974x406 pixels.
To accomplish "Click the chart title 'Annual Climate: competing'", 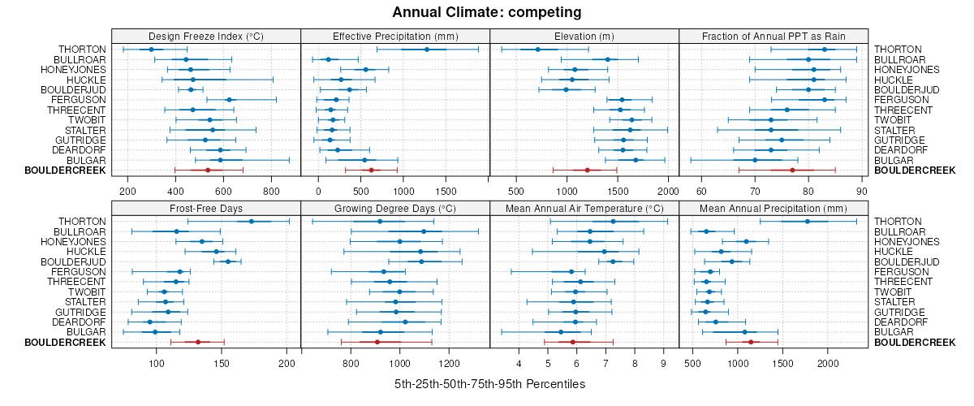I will coord(487,12).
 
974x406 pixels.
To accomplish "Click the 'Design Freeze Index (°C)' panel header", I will coord(206,36).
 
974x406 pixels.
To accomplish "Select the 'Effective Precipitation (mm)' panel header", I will coord(395,36).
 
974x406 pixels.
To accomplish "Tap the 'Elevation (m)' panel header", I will coord(584,36).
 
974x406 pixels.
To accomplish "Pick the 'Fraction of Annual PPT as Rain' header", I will coord(774,36).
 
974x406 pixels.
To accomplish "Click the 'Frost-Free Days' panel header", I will coord(206,209).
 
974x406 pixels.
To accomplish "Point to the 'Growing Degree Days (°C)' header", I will coord(395,209).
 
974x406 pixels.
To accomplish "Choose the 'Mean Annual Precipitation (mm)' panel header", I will coord(774,209).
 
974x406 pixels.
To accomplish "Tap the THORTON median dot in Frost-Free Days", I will coord(251,222).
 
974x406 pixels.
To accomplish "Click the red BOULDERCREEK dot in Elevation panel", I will coord(587,170).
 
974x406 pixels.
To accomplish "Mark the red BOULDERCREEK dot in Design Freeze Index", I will coord(208,170).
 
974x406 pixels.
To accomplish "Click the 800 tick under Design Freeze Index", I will coord(271,191).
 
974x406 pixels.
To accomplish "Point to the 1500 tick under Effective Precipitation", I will coord(445,191).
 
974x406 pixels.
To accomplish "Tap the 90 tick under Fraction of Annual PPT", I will coord(862,191).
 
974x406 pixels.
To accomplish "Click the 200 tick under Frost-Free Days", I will coord(287,364).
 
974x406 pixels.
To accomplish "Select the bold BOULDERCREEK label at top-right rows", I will coord(909,171).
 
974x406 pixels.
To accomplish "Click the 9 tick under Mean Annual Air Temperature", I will coord(662,364).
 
